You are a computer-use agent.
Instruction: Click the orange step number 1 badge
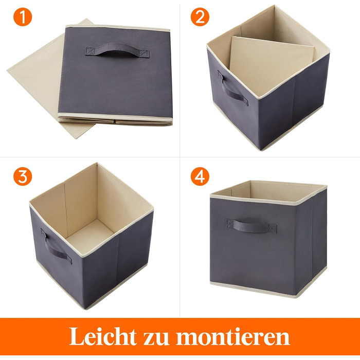coord(22,17)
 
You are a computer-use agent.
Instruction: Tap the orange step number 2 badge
coord(200,17)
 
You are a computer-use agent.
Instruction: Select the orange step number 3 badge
coord(22,176)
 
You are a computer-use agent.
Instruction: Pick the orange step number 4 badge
coord(200,176)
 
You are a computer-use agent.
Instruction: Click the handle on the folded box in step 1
coord(118,50)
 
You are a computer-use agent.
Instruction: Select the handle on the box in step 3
coord(55,246)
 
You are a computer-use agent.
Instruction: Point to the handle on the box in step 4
coord(251,225)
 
